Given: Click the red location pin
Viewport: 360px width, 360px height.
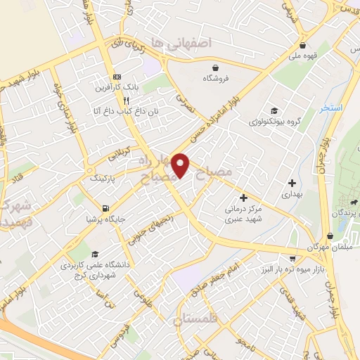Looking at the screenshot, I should point(181,165).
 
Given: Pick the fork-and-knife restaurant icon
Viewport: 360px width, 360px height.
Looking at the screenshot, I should point(125,100).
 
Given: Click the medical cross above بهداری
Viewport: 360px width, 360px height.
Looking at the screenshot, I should point(291,164).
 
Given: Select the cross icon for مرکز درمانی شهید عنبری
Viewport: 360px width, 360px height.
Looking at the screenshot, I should point(243,198).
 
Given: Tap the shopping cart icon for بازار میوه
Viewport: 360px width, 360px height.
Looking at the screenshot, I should point(292,259).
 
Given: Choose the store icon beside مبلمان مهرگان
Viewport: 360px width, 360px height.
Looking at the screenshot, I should point(330,237).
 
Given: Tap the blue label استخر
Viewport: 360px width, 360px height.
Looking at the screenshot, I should point(330,109).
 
